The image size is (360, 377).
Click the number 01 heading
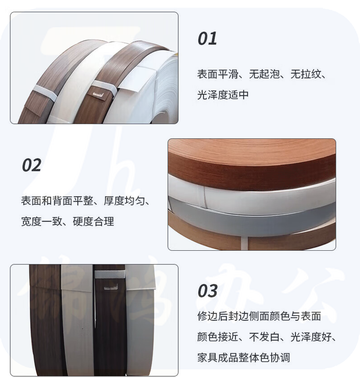click(x=207, y=39)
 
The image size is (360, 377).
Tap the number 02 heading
click(x=31, y=165)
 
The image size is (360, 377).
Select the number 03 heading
click(x=207, y=291)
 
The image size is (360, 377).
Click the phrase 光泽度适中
click(x=223, y=95)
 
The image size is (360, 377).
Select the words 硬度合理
click(x=93, y=222)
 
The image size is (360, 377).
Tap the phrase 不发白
click(x=264, y=337)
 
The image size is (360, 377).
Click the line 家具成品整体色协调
click(x=244, y=358)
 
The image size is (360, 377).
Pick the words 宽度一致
click(x=42, y=222)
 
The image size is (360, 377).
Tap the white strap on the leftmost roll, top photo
click(x=45, y=93)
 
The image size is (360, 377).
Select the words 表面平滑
click(x=218, y=74)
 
